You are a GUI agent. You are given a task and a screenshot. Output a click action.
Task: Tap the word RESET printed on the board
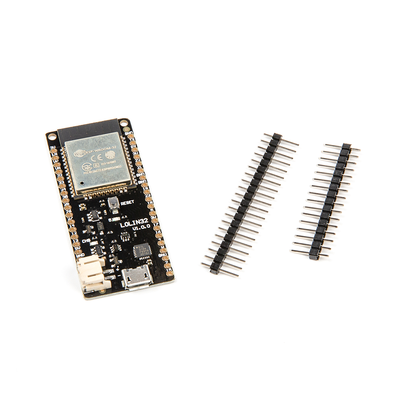point(128,202)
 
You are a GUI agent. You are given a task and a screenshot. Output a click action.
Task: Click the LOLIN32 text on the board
point(133,224)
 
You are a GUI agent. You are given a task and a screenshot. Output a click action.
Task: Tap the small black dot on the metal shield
point(81,183)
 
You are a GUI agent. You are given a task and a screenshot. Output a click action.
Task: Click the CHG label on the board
point(86,240)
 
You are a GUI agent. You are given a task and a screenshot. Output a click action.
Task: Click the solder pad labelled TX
point(133,142)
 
